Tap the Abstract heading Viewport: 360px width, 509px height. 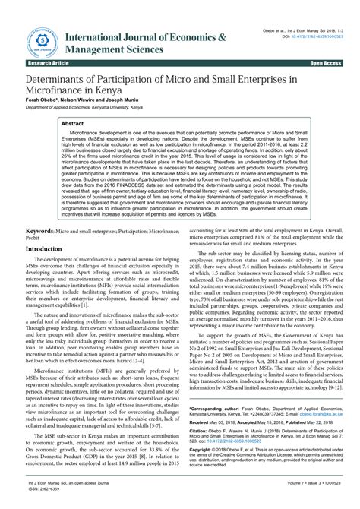click(72, 122)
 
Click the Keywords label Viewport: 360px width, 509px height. click(42, 229)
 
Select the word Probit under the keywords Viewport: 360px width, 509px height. click(33, 237)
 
